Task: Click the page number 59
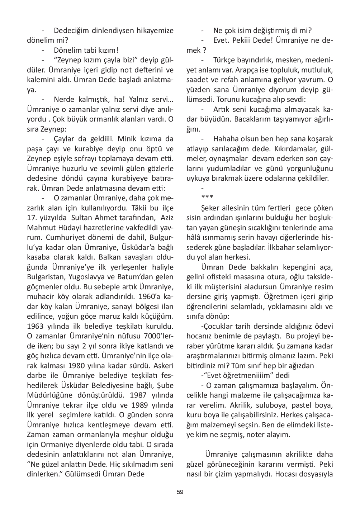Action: tap(180, 492)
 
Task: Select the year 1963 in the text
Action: tap(35, 326)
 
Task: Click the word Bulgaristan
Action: tap(45, 277)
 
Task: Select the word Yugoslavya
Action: tap(84, 277)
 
